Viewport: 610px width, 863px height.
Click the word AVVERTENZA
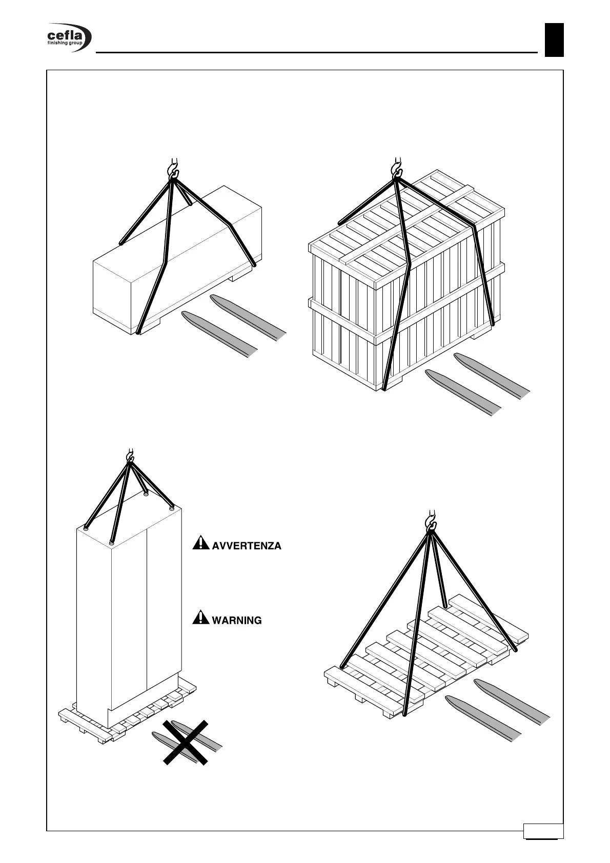click(x=247, y=546)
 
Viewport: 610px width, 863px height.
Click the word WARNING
click(x=236, y=621)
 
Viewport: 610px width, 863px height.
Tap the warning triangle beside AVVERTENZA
click(x=200, y=543)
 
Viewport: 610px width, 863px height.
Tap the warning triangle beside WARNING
click(x=200, y=618)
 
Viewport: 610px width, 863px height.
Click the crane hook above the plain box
click(x=173, y=167)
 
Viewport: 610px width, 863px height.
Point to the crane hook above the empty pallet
click(x=431, y=520)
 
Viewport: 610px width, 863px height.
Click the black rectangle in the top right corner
click(x=554, y=40)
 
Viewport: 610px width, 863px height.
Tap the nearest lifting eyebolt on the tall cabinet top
click(x=112, y=541)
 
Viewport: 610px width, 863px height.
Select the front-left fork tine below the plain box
click(x=219, y=334)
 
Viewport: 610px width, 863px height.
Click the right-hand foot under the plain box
click(x=240, y=277)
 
